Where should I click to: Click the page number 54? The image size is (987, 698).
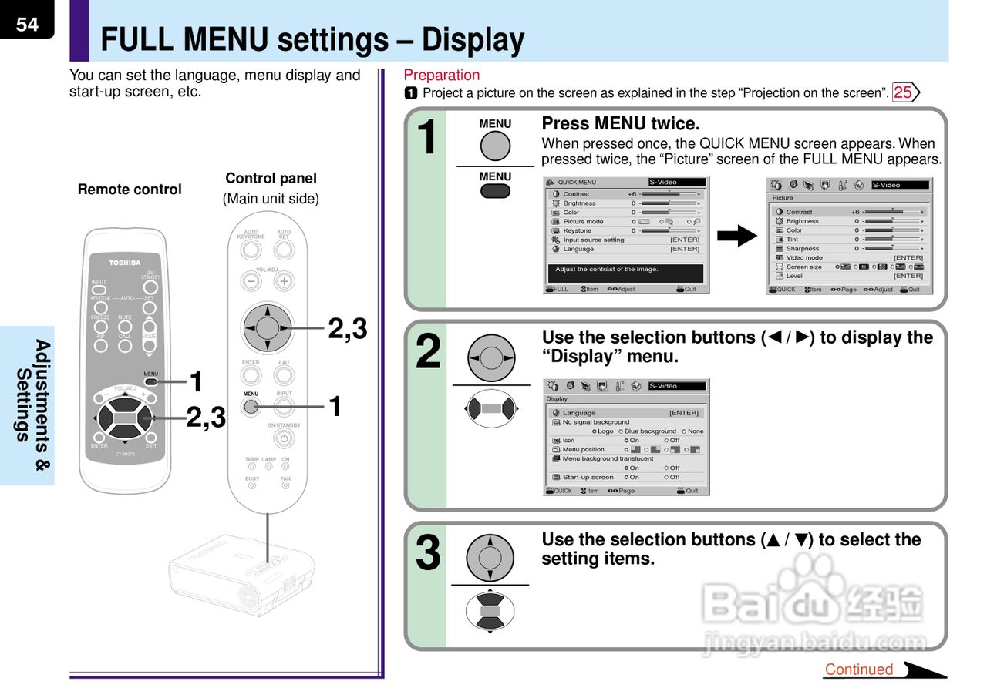pos(27,24)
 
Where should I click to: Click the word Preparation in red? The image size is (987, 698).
pos(441,75)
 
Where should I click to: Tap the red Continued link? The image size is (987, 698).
pos(858,669)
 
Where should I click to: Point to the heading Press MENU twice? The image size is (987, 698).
pos(621,123)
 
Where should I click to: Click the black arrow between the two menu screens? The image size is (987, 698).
pos(738,235)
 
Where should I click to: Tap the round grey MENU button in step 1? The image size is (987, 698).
pos(495,146)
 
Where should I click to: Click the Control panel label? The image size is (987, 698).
pos(271,179)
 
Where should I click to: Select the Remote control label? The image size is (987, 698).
pos(130,190)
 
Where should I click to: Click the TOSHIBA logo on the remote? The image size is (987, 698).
pos(124,263)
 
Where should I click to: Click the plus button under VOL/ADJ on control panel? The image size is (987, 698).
pos(284,281)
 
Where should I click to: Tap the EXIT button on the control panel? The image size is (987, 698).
pos(284,375)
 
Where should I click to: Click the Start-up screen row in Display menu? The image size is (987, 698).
pos(588,477)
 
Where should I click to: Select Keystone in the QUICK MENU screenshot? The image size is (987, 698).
pos(577,230)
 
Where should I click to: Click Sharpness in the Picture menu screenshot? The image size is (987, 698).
pos(802,249)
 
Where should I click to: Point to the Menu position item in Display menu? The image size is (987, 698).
pos(583,449)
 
